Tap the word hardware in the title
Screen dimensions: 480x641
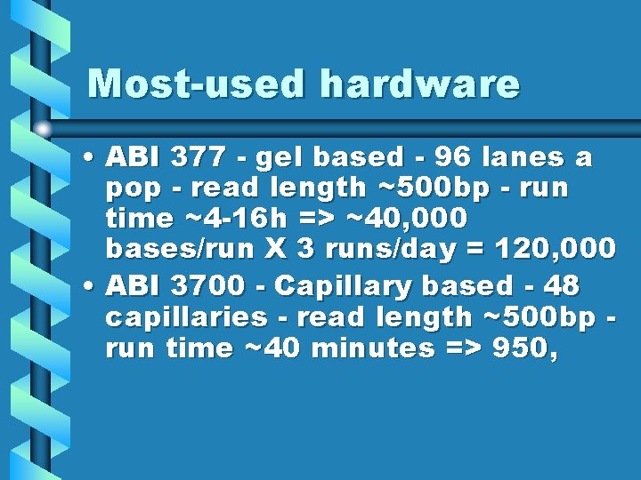[x=419, y=84]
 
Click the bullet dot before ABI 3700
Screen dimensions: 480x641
[x=90, y=286]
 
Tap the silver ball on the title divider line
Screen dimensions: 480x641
[x=43, y=130]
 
